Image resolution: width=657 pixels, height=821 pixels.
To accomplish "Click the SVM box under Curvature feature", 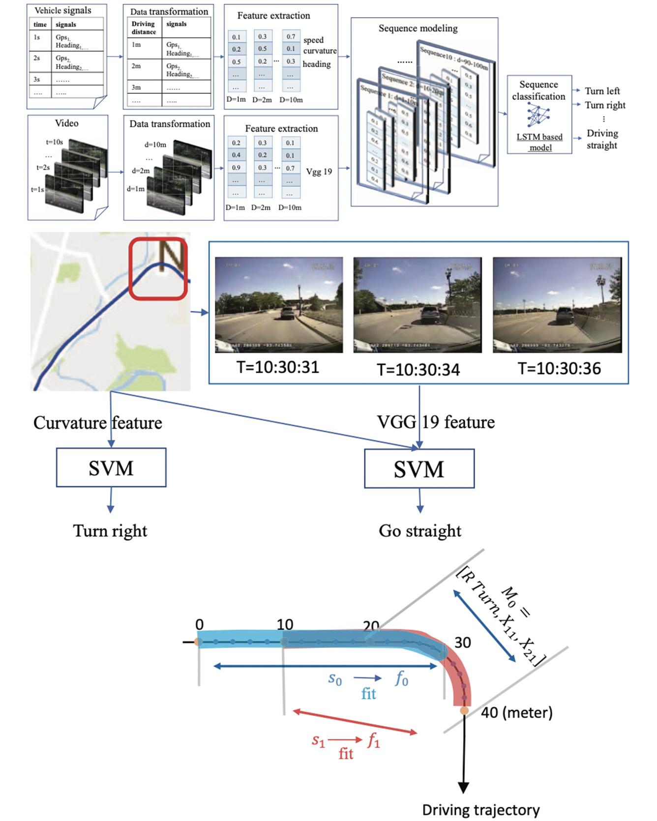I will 111,468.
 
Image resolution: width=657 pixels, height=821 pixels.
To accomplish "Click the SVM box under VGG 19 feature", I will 419,469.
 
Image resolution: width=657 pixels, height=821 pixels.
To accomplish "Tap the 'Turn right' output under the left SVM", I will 110,531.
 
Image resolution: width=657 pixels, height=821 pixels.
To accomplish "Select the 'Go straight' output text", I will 420,531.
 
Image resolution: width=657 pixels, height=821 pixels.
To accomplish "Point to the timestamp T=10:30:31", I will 278,367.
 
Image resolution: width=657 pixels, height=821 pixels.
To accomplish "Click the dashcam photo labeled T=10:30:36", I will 557,305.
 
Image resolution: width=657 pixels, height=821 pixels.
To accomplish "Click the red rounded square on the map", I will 158,269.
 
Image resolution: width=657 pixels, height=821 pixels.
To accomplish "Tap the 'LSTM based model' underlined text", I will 539,142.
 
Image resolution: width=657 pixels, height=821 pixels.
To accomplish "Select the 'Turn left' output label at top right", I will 602,91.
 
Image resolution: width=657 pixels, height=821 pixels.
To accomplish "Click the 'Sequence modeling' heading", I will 418,29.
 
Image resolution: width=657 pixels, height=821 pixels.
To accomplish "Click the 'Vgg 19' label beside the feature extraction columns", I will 319,172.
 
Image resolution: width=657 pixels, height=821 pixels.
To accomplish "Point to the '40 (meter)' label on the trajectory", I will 516,712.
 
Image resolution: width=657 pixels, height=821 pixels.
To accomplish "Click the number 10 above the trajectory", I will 285,624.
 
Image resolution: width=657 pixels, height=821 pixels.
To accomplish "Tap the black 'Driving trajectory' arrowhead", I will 463,787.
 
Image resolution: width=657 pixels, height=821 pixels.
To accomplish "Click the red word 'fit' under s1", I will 346,754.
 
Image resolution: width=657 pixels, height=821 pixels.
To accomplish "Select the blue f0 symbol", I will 401,679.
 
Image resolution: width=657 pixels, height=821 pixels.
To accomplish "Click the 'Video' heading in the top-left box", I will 66,123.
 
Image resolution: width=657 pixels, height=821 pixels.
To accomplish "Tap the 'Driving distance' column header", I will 143,28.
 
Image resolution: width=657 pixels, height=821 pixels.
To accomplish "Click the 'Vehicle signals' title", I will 63,10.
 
